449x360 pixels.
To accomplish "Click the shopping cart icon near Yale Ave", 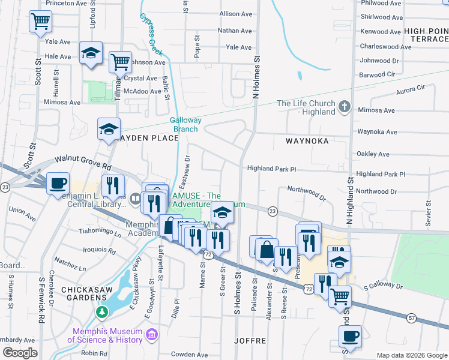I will (x=41, y=22).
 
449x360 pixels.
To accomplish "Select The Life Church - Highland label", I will (x=306, y=107).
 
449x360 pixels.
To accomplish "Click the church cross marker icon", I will (x=344, y=107).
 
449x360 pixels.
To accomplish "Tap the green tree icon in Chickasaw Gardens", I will (x=102, y=313).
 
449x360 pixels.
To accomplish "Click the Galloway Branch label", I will (x=185, y=124).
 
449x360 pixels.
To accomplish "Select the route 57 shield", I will (x=411, y=317).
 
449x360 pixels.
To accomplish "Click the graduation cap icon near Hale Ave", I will (x=91, y=53).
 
